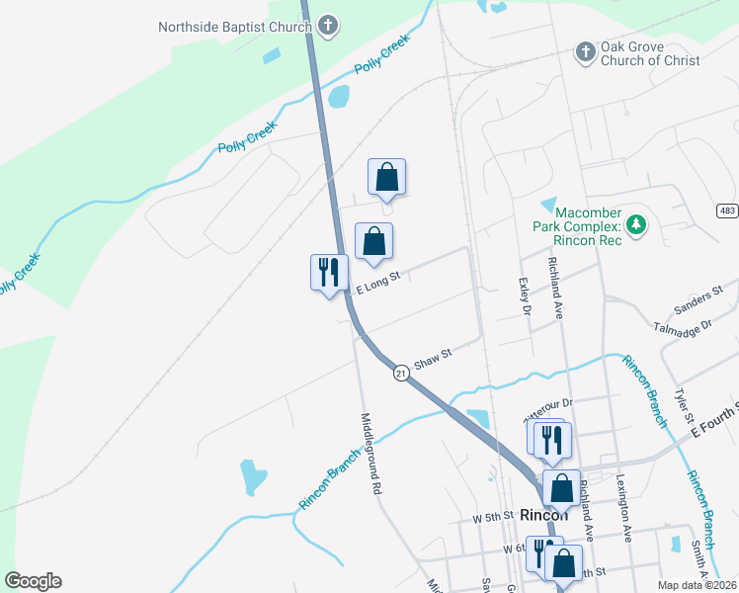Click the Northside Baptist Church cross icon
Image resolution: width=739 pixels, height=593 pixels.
[329, 26]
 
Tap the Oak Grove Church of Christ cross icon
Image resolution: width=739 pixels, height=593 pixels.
[585, 51]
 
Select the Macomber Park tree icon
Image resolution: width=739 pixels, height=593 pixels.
[638, 225]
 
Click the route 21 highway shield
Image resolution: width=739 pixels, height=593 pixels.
[401, 373]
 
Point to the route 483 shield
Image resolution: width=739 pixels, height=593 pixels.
[727, 211]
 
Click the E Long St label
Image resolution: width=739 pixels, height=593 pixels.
[376, 284]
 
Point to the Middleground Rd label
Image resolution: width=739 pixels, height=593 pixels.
[371, 453]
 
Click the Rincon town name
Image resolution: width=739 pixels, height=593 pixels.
[544, 515]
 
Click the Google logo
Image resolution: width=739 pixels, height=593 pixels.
[33, 581]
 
